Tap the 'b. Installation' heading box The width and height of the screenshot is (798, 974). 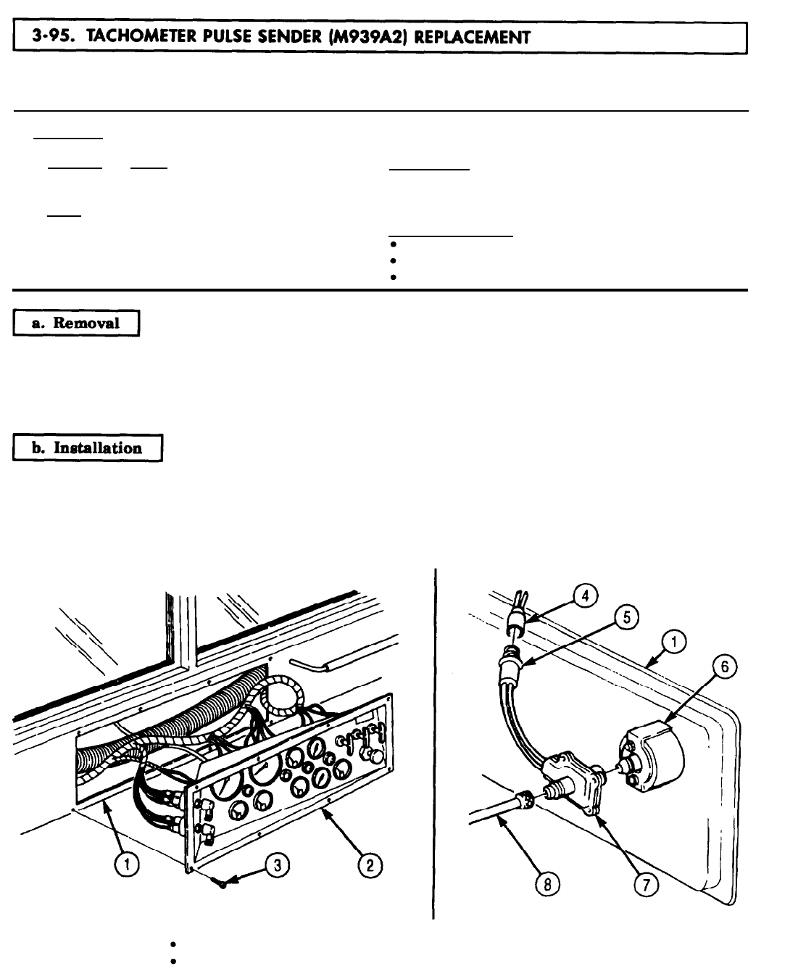pyautogui.click(x=86, y=447)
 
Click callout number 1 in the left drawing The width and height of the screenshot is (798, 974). pyautogui.click(x=128, y=864)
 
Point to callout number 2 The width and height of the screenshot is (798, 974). pyautogui.click(x=369, y=865)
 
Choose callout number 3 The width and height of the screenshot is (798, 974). pyautogui.click(x=275, y=864)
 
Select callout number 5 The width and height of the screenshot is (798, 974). pyautogui.click(x=625, y=616)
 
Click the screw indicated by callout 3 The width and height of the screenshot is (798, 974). pyautogui.click(x=223, y=882)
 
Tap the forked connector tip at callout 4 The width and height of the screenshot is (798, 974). pyautogui.click(x=518, y=601)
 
